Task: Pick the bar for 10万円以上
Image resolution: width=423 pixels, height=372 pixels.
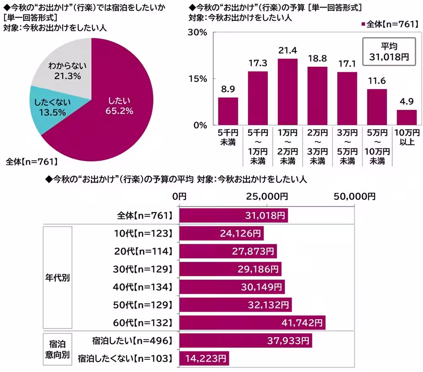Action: pyautogui.click(x=407, y=117)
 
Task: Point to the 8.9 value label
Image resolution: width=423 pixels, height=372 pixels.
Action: pyautogui.click(x=228, y=89)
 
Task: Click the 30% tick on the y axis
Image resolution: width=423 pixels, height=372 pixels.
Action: pyautogui.click(x=197, y=33)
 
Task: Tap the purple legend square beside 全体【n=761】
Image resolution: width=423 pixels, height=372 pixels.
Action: pyautogui.click(x=363, y=25)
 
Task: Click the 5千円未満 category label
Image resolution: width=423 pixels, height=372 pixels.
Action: pyautogui.click(x=228, y=138)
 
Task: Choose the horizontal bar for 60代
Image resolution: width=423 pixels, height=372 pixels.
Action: pyautogui.click(x=252, y=323)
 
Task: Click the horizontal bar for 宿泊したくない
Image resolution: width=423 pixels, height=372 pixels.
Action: pyautogui.click(x=204, y=358)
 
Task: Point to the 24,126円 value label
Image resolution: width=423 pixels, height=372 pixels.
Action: pyautogui.click(x=240, y=233)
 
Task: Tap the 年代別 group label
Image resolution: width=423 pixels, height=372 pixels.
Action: pyautogui.click(x=58, y=278)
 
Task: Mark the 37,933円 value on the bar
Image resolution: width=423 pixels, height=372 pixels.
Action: pyautogui.click(x=289, y=341)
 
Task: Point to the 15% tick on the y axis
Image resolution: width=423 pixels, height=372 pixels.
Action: pyautogui.click(x=197, y=79)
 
